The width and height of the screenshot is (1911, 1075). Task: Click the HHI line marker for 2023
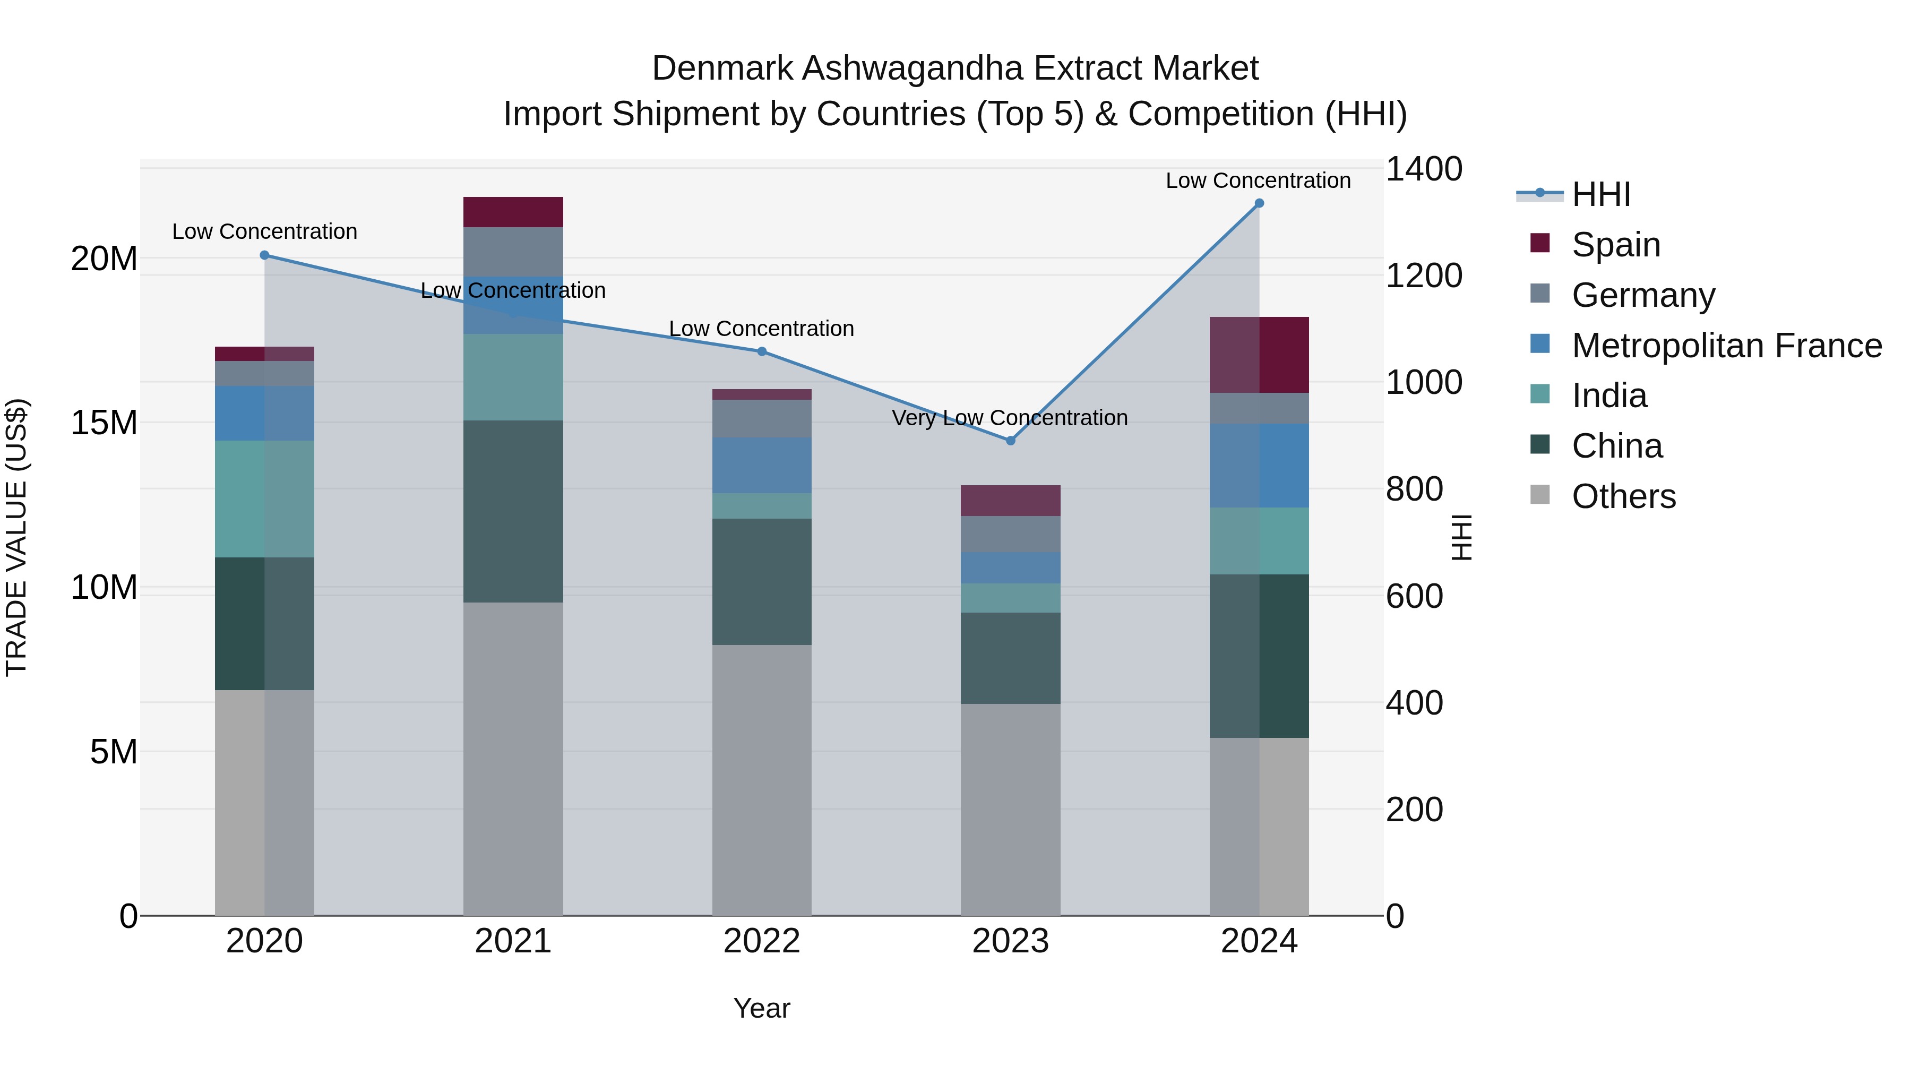pyautogui.click(x=1010, y=441)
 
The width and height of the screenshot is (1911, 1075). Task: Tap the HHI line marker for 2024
pyautogui.click(x=1259, y=203)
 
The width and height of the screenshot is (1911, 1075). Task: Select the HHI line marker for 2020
pyautogui.click(x=265, y=255)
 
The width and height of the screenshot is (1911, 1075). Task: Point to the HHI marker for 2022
pyautogui.click(x=762, y=351)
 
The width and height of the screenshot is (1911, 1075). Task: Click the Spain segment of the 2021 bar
pyautogui.click(x=513, y=212)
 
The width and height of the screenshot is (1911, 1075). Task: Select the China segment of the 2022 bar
pyautogui.click(x=762, y=582)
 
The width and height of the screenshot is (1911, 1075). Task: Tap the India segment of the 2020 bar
pyautogui.click(x=265, y=500)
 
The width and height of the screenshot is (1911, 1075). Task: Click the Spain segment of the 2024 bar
pyautogui.click(x=1259, y=355)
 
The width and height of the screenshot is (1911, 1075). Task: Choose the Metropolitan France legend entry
pyautogui.click(x=1726, y=346)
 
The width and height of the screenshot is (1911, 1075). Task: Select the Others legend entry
pyautogui.click(x=1623, y=496)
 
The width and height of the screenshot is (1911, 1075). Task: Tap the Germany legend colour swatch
pyautogui.click(x=1540, y=294)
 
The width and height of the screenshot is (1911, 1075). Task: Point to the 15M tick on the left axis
pyautogui.click(x=104, y=423)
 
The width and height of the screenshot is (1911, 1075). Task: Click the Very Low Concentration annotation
pyautogui.click(x=1010, y=418)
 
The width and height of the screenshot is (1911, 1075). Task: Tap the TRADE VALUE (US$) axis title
pyautogui.click(x=16, y=537)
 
